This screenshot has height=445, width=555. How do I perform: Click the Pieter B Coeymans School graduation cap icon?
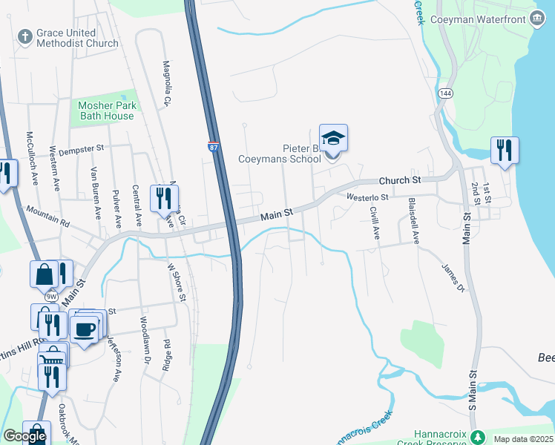click(x=333, y=139)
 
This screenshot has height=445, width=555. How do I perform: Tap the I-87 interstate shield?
click(x=213, y=148)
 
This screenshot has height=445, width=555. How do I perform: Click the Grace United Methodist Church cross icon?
click(x=24, y=35)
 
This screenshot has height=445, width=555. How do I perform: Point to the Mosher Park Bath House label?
click(x=107, y=111)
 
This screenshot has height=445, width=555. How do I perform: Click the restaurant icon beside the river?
click(x=504, y=151)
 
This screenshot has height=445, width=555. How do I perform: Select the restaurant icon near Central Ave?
click(x=163, y=199)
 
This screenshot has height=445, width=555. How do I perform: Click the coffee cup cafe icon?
click(x=84, y=328)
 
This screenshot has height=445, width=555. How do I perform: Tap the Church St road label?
click(x=399, y=180)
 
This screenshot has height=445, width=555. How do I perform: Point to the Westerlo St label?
click(x=367, y=197)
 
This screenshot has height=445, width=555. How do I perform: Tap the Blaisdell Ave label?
click(x=416, y=220)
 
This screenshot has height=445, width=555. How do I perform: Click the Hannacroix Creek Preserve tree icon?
click(x=479, y=437)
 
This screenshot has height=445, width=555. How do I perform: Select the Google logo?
click(x=25, y=437)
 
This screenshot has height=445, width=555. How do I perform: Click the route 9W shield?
click(x=50, y=297)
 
